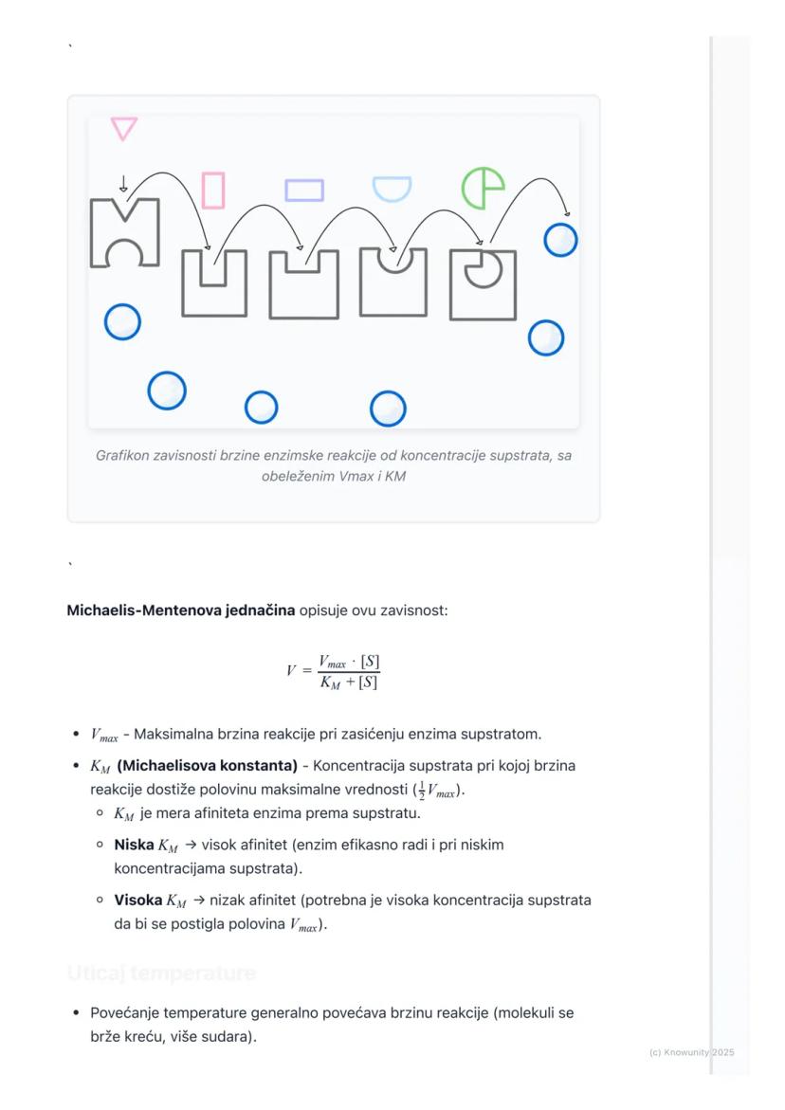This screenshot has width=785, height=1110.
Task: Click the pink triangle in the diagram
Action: click(x=124, y=128)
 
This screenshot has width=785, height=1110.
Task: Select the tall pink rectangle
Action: click(x=213, y=191)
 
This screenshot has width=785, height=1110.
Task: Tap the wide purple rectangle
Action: click(x=304, y=191)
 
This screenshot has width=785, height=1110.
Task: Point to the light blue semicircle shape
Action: click(x=392, y=188)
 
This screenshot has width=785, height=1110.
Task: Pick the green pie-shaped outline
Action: click(x=483, y=189)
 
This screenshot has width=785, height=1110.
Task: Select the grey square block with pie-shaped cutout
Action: click(x=483, y=285)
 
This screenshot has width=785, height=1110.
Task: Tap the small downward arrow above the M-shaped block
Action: click(x=123, y=184)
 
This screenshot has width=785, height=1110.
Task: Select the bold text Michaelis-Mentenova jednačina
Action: click(x=180, y=610)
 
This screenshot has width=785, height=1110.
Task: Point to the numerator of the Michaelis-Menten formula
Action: click(x=349, y=662)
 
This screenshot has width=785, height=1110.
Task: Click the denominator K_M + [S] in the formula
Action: click(x=349, y=682)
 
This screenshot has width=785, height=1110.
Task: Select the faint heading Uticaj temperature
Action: click(x=161, y=974)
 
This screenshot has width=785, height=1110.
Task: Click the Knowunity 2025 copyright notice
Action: click(x=691, y=1053)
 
